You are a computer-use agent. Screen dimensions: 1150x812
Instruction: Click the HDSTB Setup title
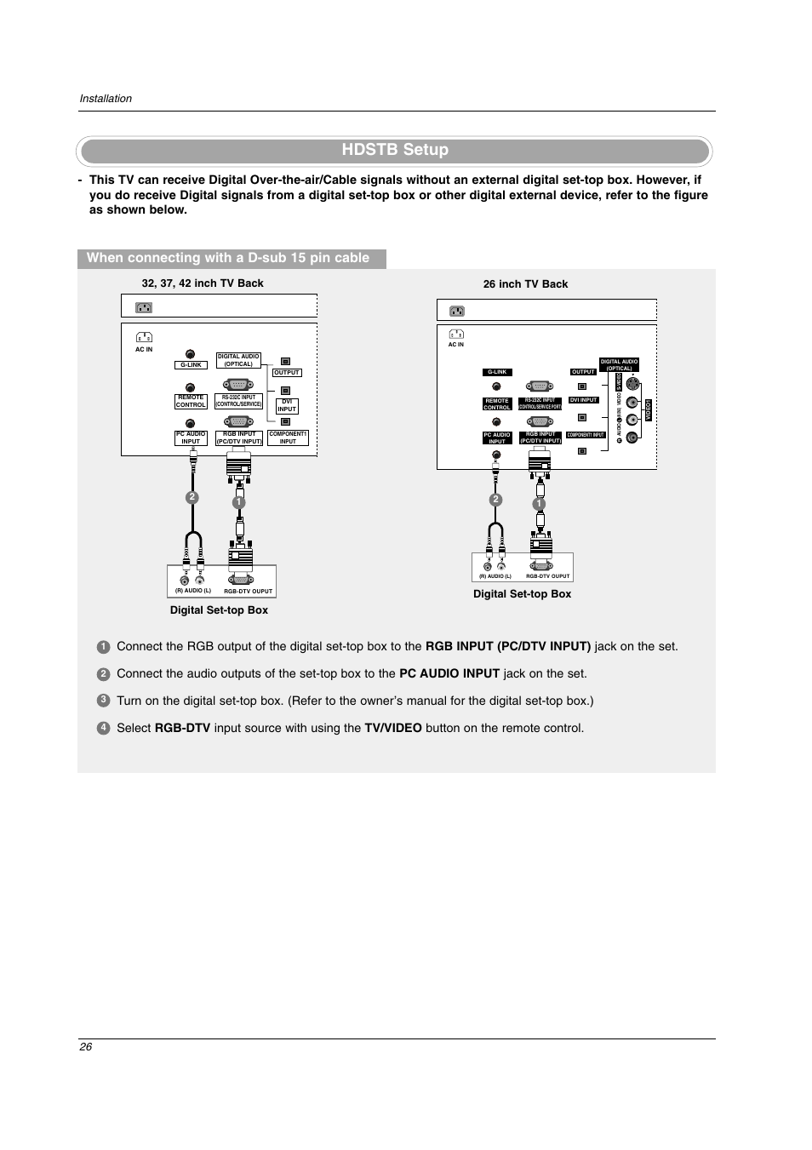coord(395,150)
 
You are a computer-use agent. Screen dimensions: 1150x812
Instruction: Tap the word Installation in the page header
coord(106,99)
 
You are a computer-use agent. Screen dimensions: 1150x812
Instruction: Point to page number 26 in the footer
coord(85,1046)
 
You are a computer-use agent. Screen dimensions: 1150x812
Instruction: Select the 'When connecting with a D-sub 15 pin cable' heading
coord(228,258)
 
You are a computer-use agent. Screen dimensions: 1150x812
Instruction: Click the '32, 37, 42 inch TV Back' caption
coord(203,283)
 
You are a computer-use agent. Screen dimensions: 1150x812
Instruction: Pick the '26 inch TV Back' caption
coord(525,284)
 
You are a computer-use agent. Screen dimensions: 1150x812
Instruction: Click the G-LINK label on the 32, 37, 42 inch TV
coord(191,365)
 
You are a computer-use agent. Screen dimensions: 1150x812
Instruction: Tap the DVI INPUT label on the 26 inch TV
coord(584,400)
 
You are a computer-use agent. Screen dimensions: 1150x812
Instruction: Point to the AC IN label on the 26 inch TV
coord(456,345)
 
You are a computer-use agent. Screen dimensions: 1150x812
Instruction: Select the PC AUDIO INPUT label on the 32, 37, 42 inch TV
coord(191,438)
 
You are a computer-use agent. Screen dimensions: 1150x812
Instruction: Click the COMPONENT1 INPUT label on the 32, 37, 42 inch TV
coord(288,438)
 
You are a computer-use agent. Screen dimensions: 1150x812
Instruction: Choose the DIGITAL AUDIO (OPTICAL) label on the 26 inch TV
coord(619,365)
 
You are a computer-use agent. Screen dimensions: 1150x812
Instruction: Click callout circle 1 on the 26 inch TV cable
coord(539,504)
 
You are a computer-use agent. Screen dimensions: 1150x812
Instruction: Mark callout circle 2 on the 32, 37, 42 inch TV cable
coord(192,497)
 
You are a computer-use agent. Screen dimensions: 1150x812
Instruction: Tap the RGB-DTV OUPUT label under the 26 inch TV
coord(547,576)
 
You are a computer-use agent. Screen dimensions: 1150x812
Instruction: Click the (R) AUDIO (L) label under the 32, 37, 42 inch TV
coord(193,591)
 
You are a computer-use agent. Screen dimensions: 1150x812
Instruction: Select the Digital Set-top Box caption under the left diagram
coord(219,610)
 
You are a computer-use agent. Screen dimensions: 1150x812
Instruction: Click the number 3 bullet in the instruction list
coord(103,701)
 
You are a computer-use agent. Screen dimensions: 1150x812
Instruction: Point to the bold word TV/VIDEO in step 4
coord(393,729)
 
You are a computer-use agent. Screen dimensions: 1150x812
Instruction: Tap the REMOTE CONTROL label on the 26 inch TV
coord(497,404)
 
